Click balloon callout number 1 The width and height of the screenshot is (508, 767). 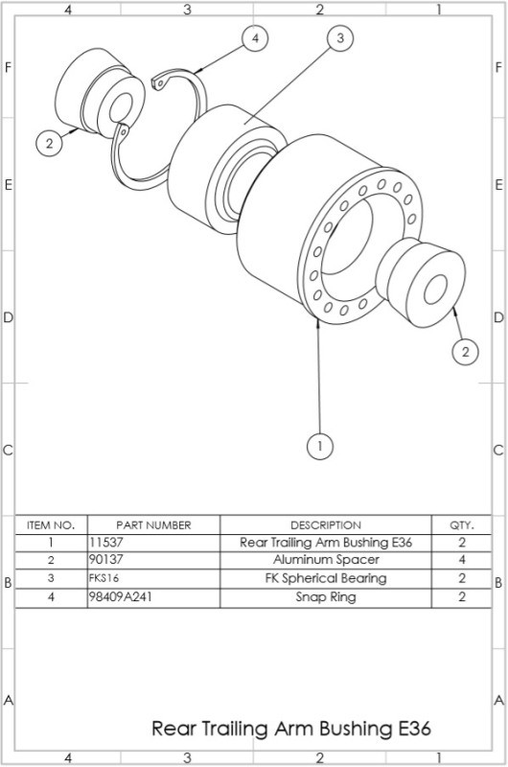pyautogui.click(x=319, y=446)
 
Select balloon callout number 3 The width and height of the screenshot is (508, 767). pyautogui.click(x=338, y=38)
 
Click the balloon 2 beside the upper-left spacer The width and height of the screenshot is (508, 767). pyautogui.click(x=49, y=144)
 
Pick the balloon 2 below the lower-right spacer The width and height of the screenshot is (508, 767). pyautogui.click(x=464, y=352)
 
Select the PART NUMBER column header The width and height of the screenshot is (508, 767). pyautogui.click(x=153, y=524)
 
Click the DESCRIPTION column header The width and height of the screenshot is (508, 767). pyautogui.click(x=326, y=524)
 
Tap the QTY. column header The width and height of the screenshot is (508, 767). pyautogui.click(x=461, y=524)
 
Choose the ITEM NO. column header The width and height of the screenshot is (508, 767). pyautogui.click(x=51, y=524)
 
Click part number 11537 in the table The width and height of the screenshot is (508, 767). pyautogui.click(x=106, y=543)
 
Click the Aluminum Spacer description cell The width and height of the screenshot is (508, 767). pyautogui.click(x=326, y=560)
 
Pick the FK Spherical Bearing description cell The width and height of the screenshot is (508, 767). pyautogui.click(x=326, y=579)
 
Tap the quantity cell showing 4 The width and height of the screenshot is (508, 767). pyautogui.click(x=461, y=560)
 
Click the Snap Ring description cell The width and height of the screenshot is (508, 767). pyautogui.click(x=326, y=597)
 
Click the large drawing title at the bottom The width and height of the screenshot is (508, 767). pyautogui.click(x=291, y=729)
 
